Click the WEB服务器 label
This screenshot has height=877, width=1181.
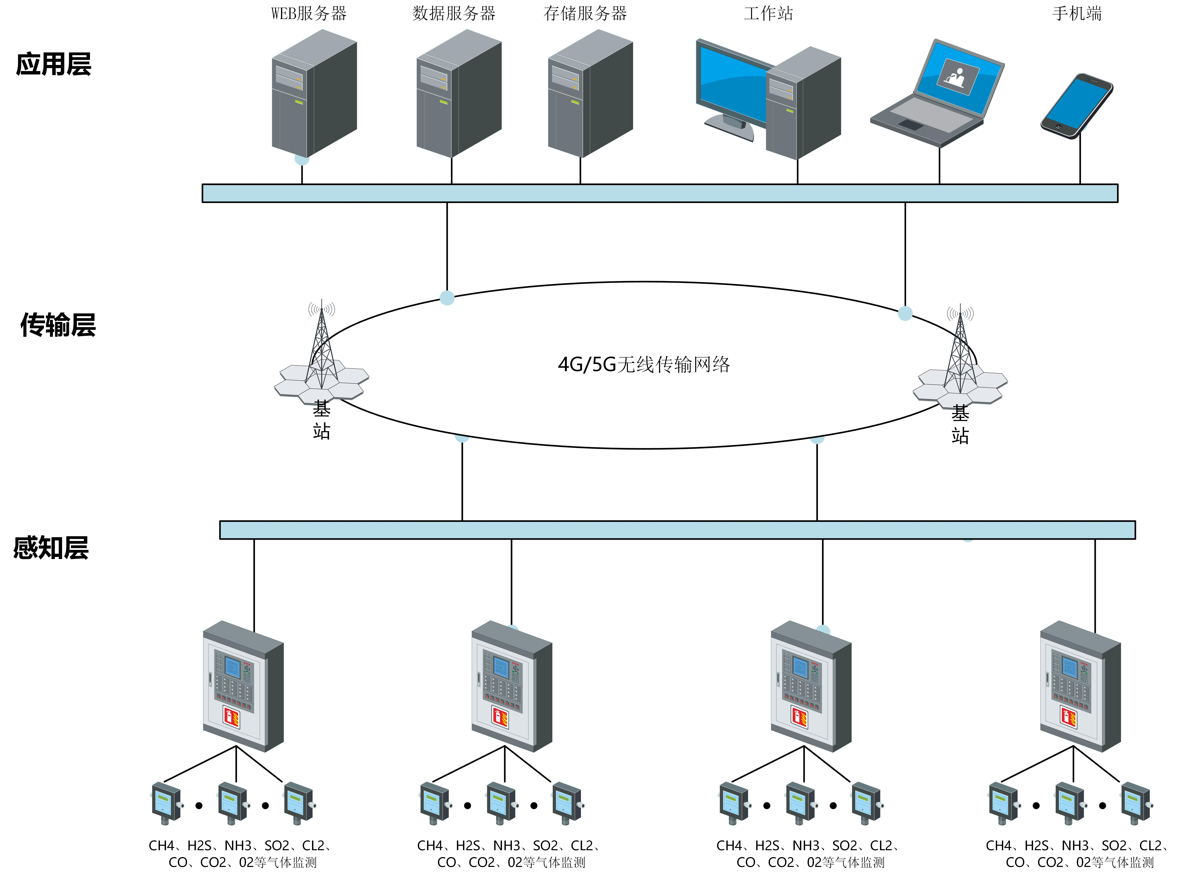pyautogui.click(x=309, y=13)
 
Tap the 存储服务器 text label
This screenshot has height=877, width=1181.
pyautogui.click(x=585, y=13)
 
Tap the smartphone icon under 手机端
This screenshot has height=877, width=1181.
pyautogui.click(x=1076, y=106)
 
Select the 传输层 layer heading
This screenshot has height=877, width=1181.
pyautogui.click(x=58, y=325)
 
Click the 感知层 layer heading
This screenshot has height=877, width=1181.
pyautogui.click(x=51, y=548)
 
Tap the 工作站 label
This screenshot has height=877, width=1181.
pyautogui.click(x=768, y=13)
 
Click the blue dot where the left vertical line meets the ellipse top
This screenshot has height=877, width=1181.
pyautogui.click(x=447, y=298)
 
